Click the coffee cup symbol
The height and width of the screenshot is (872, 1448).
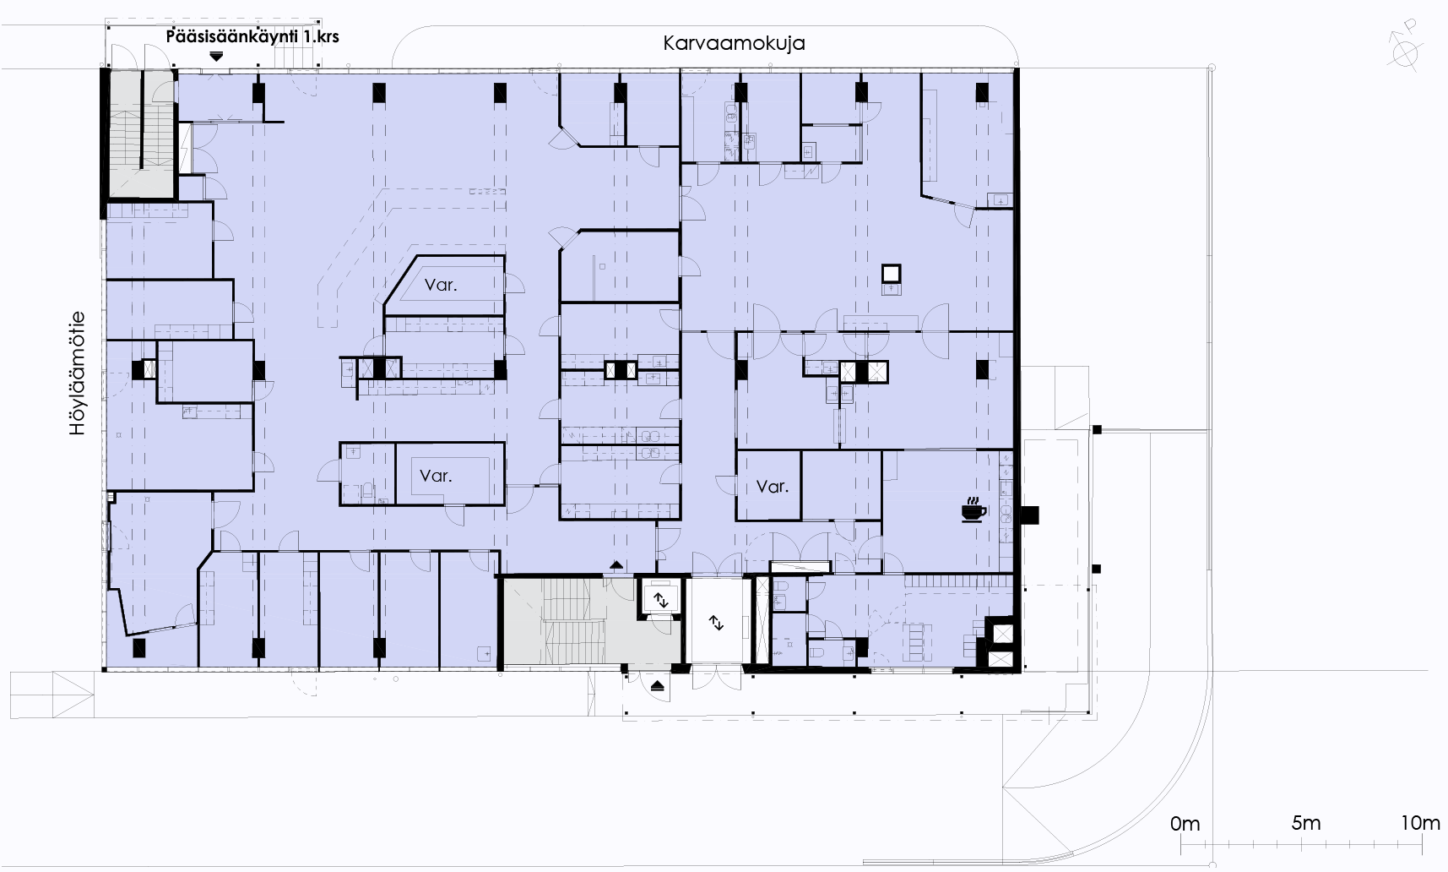tap(973, 511)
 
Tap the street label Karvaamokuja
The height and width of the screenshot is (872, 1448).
tap(734, 43)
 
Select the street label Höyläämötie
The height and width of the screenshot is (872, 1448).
tap(79, 374)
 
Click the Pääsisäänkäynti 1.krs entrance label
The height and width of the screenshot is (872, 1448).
tap(252, 37)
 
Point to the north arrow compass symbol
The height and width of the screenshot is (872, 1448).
tap(1404, 50)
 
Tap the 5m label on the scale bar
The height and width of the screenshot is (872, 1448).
tap(1306, 823)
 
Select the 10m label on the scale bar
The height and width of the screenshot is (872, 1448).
tap(1421, 823)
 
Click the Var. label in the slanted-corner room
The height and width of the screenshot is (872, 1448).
tap(441, 285)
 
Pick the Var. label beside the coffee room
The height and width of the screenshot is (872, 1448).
tap(773, 487)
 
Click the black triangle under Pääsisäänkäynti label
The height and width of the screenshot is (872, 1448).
tap(217, 56)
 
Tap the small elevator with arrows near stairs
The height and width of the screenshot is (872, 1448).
tap(660, 601)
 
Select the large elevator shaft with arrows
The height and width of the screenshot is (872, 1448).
tap(716, 623)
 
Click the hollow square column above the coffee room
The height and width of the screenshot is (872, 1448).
tap(892, 274)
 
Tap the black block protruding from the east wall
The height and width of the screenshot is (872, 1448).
tap(1029, 515)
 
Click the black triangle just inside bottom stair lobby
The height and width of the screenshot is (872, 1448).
tap(617, 564)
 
